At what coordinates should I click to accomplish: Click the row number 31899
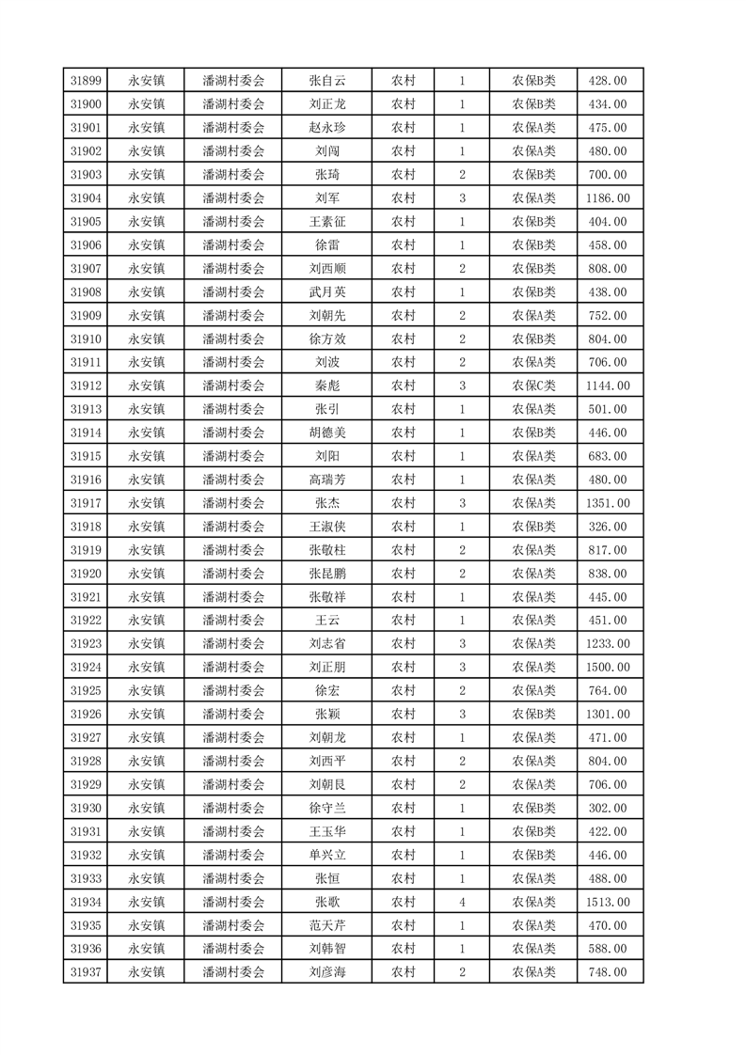tap(85, 81)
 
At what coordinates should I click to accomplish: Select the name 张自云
tap(327, 81)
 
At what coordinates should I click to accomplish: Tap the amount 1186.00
tap(607, 198)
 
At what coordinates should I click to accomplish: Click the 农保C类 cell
tap(533, 386)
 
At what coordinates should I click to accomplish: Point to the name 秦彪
tap(327, 386)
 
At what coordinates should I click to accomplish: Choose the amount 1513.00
tap(607, 902)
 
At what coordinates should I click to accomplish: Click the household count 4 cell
tap(462, 902)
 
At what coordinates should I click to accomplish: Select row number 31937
tap(85, 972)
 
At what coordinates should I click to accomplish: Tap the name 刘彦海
tap(327, 972)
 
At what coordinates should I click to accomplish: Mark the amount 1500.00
tap(607, 668)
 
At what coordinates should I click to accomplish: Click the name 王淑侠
tap(327, 527)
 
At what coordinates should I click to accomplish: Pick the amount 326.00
tap(607, 527)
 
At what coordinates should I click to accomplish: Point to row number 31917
tap(85, 503)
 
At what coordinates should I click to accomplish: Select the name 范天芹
tap(327, 925)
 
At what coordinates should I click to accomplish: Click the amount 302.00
tap(607, 808)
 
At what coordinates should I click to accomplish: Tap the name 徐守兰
tap(327, 808)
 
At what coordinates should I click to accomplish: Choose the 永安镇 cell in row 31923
tap(147, 644)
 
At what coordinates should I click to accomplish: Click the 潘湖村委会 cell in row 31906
tap(233, 245)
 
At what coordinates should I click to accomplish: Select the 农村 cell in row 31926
tap(404, 715)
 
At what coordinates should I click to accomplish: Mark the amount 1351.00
tap(607, 503)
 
